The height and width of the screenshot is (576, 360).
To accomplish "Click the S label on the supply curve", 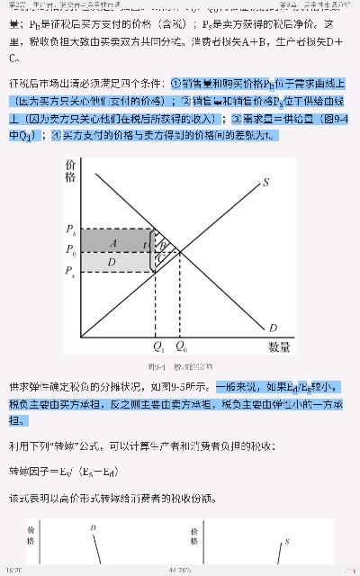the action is point(266,183).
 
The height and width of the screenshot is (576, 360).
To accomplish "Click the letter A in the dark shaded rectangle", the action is point(113,242).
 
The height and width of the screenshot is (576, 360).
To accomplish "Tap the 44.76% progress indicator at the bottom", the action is point(180,570).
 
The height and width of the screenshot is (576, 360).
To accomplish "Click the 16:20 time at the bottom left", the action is point(14,570).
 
